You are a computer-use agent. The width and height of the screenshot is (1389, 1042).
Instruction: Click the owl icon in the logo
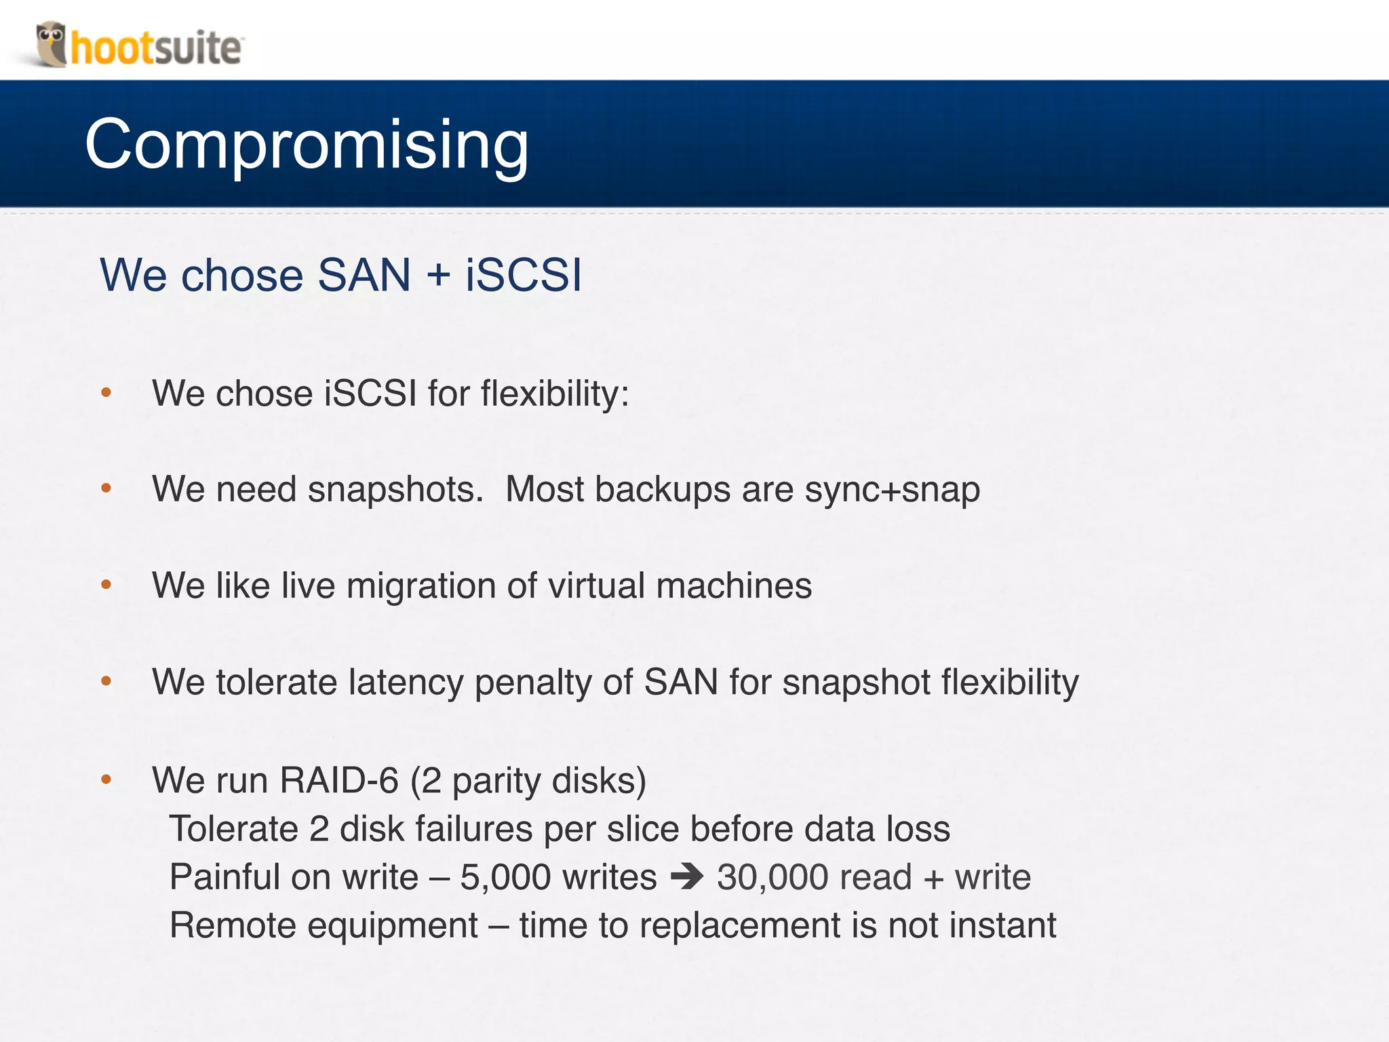(x=51, y=44)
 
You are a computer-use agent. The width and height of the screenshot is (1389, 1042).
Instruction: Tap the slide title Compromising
(x=307, y=144)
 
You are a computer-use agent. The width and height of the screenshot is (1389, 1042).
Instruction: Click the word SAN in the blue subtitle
(x=364, y=275)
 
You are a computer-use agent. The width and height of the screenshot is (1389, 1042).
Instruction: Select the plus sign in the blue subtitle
(x=438, y=276)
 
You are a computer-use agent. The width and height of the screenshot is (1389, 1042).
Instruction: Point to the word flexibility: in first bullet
(x=555, y=393)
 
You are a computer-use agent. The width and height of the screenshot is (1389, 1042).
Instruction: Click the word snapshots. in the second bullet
(x=395, y=490)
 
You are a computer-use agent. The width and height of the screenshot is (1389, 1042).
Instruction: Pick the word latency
(x=406, y=683)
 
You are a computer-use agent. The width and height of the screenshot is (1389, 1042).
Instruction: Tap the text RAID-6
(x=339, y=780)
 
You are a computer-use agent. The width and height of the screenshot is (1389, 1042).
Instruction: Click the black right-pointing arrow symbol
(x=687, y=876)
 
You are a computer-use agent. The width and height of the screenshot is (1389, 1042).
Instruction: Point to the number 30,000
(x=772, y=878)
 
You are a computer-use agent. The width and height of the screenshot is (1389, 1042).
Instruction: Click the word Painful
(x=224, y=877)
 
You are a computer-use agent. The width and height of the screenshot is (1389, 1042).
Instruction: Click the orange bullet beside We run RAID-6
(x=106, y=780)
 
